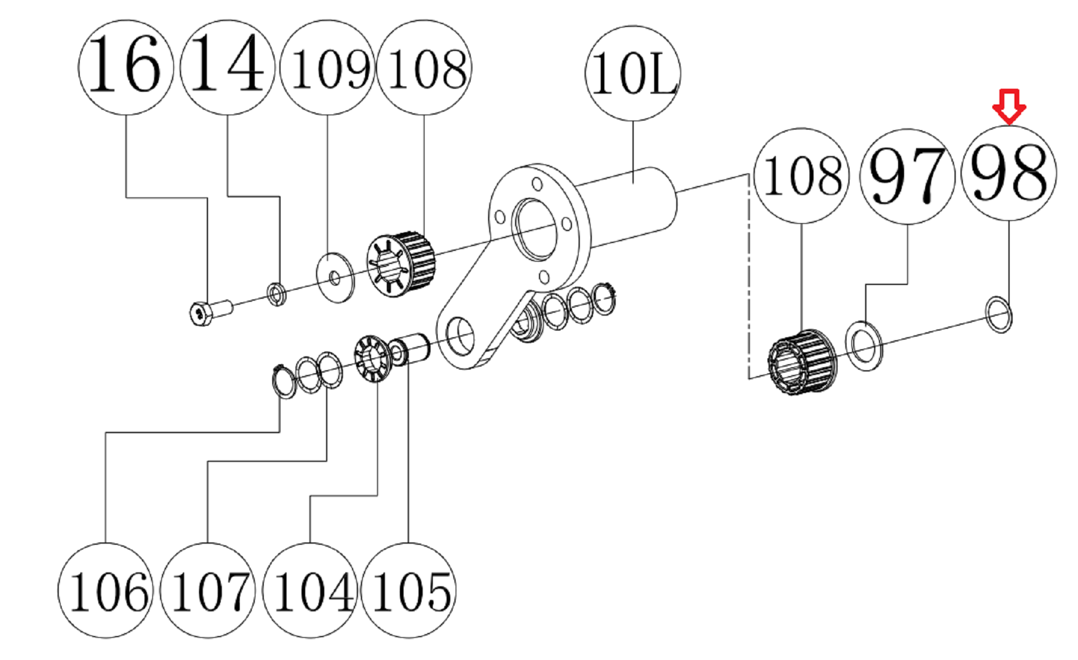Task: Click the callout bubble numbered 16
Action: point(126,67)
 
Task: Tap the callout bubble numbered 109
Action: point(327,67)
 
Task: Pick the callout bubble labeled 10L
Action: point(633,73)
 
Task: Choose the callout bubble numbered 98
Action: point(1008,173)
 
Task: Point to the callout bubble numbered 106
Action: point(106,590)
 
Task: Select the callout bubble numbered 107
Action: point(208,590)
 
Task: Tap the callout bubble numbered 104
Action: point(311,590)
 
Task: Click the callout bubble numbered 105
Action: point(409,590)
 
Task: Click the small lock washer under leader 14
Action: point(276,293)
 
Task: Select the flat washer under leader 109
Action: point(335,277)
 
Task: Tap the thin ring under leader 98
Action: point(999,314)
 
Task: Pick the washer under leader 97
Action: point(864,346)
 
